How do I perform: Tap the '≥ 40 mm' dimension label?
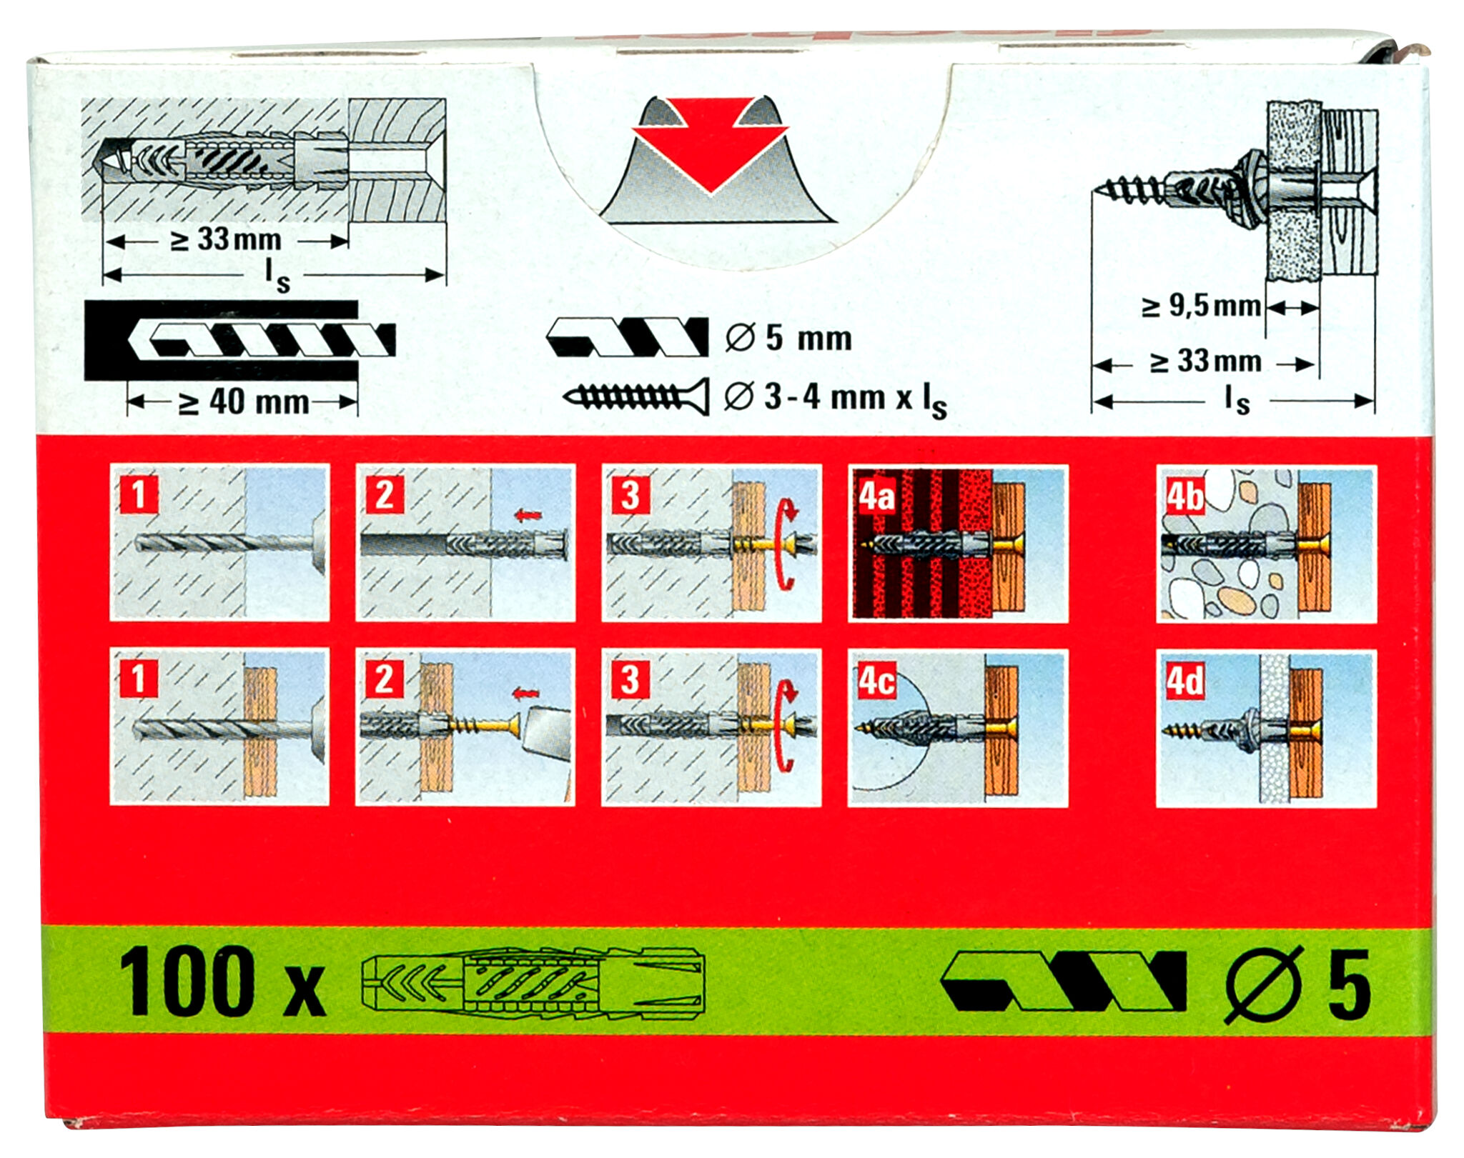click(243, 403)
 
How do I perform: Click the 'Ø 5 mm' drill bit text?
click(789, 338)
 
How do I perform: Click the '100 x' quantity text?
click(222, 982)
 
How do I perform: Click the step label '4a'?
click(876, 495)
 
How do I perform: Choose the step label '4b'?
click(1184, 496)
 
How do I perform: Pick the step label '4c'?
click(876, 680)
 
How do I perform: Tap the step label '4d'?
click(1184, 680)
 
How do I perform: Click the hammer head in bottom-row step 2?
click(547, 729)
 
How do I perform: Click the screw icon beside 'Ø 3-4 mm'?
click(636, 397)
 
